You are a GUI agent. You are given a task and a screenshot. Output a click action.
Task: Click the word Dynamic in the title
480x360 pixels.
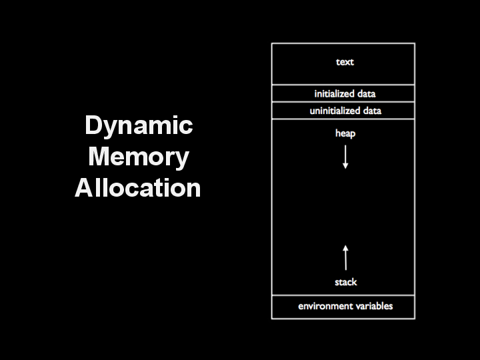(x=139, y=125)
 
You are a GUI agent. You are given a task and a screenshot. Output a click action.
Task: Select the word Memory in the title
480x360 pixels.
(x=139, y=157)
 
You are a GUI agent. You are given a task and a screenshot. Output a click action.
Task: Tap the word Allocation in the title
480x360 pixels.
(x=138, y=187)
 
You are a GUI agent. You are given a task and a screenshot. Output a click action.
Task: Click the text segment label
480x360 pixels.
(x=345, y=62)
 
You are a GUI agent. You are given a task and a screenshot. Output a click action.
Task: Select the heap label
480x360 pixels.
(x=345, y=133)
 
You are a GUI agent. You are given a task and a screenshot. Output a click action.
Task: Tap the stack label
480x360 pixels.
(x=346, y=282)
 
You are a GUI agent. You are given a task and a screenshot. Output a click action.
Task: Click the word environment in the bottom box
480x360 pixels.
(x=320, y=306)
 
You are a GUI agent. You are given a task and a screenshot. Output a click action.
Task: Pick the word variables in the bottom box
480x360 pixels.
(x=369, y=306)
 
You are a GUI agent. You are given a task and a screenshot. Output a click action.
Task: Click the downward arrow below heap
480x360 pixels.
(x=345, y=157)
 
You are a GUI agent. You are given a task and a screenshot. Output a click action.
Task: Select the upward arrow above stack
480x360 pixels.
(x=345, y=257)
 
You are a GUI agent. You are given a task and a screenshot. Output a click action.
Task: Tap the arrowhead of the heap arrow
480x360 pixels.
(x=345, y=166)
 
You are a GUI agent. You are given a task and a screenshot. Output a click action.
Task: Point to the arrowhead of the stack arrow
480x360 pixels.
(x=345, y=248)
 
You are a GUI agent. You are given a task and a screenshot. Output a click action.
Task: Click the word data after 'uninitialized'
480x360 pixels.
(x=372, y=111)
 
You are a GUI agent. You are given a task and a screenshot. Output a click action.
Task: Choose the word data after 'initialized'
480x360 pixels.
(x=367, y=94)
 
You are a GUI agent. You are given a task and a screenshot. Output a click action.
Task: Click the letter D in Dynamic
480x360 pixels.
(x=94, y=125)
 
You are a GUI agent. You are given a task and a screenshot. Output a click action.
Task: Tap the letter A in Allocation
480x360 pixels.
(x=84, y=187)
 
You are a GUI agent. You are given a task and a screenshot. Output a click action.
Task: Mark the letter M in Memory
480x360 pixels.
(x=99, y=156)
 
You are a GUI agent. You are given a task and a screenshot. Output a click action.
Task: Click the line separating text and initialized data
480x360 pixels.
(x=343, y=85)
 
